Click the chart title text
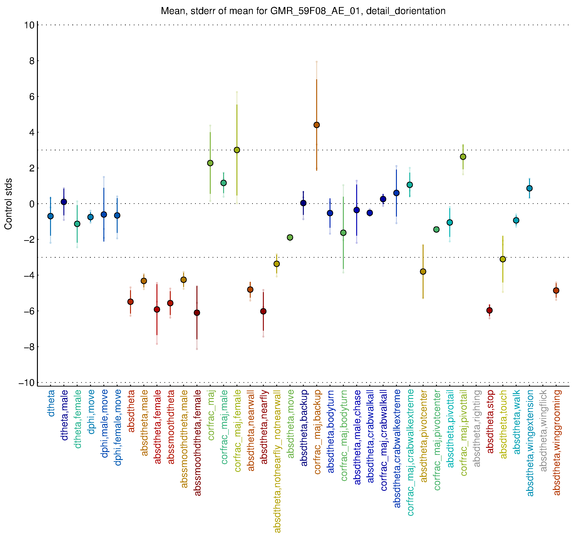point(303,11)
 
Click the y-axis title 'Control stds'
point(8,204)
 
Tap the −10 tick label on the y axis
point(27,383)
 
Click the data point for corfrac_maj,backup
point(316,125)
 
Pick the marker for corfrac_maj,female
point(237,150)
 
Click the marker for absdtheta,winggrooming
point(556,290)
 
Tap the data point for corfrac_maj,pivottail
point(463,157)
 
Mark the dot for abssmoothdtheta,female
point(197,313)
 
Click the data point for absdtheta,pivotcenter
point(423,272)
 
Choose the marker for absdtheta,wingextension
point(529,188)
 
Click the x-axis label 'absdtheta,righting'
point(477,428)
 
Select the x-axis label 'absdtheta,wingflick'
point(543,431)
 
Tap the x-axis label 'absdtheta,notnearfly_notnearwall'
point(277,461)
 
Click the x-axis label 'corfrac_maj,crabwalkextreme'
point(410,453)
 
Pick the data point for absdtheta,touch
point(503,259)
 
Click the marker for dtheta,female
point(77,224)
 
